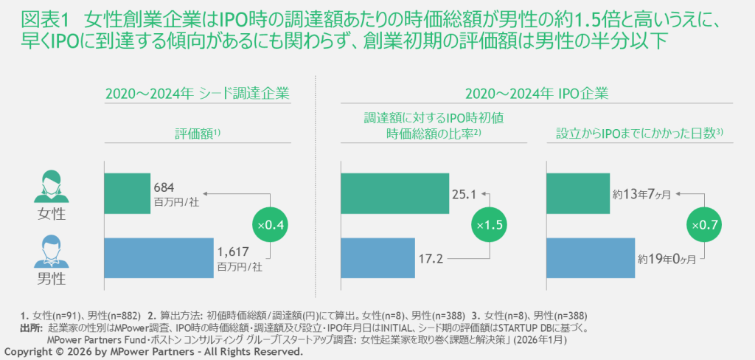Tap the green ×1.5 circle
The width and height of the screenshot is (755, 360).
tap(490, 224)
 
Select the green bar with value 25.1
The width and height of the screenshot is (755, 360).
tap(394, 193)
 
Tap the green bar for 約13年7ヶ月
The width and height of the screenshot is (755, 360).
tap(577, 193)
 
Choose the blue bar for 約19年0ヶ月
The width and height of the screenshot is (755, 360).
tap(589, 258)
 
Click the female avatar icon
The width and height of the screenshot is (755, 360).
tap(51, 186)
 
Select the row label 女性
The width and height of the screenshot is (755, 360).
tap(51, 215)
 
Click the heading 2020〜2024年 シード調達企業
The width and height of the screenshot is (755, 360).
tap(197, 94)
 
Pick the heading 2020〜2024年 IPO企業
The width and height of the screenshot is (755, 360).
tap(536, 94)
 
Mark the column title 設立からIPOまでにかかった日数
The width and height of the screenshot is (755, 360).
tap(641, 134)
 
